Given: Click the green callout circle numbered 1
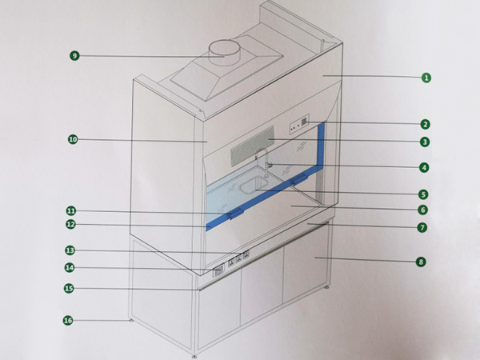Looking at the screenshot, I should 426,78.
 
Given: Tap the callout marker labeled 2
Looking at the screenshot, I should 426,124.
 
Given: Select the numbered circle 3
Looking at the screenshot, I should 426,142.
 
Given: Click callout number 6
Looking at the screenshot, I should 423,210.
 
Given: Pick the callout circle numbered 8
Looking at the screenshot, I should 422,262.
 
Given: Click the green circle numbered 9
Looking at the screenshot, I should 74,56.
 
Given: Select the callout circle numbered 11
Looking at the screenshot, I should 71,211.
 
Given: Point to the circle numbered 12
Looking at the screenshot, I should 70,226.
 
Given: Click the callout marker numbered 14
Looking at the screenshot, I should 70,267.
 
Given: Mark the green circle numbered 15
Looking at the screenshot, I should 69,288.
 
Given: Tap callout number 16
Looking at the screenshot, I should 68,321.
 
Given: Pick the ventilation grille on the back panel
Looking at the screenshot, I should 248,150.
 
